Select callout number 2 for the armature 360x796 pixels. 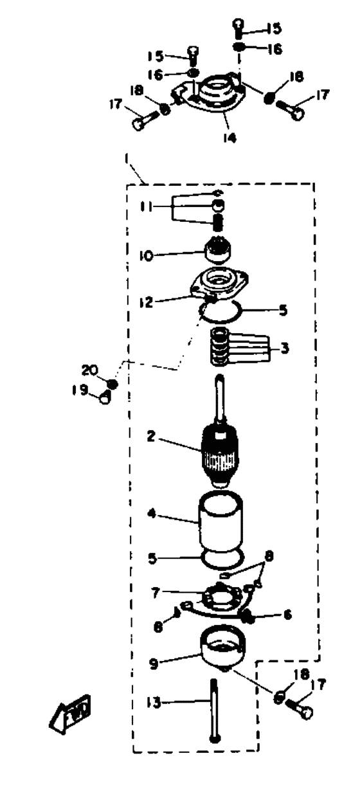151,436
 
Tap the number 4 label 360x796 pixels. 152,514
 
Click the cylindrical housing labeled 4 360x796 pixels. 221,522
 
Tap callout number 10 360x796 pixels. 146,255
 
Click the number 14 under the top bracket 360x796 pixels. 230,138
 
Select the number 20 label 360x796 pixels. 89,370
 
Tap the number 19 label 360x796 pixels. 80,390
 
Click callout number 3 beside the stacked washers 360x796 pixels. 285,348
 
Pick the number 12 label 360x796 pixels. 146,302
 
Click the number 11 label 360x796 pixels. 146,206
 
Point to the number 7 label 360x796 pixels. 156,593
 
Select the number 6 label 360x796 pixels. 287,614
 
